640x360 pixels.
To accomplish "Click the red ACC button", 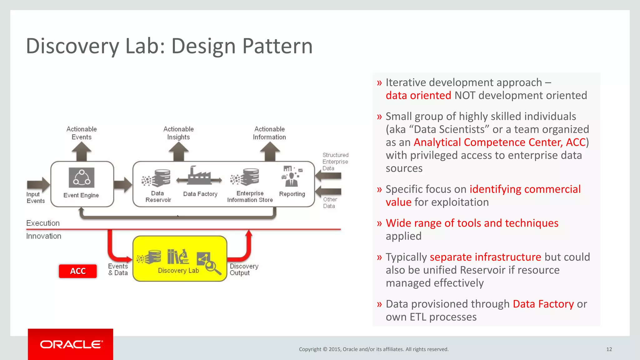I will (78, 271).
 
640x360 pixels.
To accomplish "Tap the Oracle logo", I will (71, 344).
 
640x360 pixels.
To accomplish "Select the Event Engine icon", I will (82, 177).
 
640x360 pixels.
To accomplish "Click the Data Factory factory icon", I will (199, 176).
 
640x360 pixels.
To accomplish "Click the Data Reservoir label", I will (158, 197).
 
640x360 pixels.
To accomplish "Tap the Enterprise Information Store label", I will (250, 197).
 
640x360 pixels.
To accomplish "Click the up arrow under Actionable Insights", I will (178, 152).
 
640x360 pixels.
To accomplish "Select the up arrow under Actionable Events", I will (82, 152).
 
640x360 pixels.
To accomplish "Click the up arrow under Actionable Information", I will (270, 152).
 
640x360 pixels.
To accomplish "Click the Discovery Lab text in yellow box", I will (178, 271).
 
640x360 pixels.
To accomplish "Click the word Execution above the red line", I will (43, 223).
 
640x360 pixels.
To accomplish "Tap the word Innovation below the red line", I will (44, 236).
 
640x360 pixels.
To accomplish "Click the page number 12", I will (609, 349).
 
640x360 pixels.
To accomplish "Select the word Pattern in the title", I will (277, 46).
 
